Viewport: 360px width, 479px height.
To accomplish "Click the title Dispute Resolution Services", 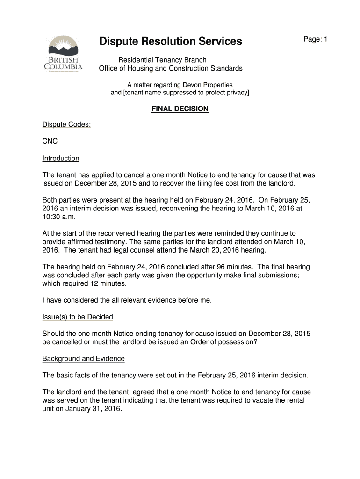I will (x=171, y=42).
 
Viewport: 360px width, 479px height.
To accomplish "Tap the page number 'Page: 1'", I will (x=315, y=39).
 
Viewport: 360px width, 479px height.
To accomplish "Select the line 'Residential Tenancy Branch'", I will (x=162, y=60).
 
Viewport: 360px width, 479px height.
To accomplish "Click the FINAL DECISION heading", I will (x=180, y=109).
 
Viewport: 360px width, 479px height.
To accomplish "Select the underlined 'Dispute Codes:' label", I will (x=66, y=125).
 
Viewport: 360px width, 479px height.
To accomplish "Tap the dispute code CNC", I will (x=50, y=141).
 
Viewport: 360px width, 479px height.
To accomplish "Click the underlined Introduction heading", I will (x=61, y=158).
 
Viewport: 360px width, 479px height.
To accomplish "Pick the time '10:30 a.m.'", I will (x=59, y=217).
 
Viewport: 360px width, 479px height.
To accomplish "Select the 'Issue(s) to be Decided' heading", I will (x=78, y=317).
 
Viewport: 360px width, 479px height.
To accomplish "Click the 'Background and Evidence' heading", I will (x=84, y=359).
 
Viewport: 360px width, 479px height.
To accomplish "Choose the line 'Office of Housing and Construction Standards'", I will (x=171, y=68).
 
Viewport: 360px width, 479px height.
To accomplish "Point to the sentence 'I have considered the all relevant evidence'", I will (x=127, y=300).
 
